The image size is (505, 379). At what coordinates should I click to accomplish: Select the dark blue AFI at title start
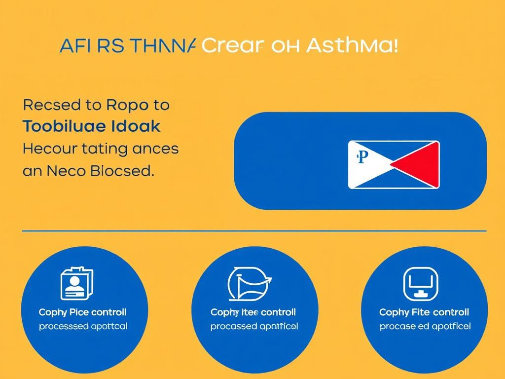[74, 46]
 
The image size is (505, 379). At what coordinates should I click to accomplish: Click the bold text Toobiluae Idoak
[91, 126]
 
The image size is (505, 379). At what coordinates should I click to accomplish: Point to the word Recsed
[51, 105]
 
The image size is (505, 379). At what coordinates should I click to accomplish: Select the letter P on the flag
[362, 157]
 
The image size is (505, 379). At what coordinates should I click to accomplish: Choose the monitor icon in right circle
[420, 284]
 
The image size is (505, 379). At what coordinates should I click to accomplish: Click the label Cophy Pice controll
[82, 312]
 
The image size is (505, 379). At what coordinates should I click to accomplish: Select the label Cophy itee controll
[253, 312]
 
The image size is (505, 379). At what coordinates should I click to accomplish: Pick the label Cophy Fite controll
[424, 312]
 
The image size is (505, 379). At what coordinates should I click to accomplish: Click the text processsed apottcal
[83, 326]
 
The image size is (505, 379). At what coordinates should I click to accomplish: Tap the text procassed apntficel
[253, 326]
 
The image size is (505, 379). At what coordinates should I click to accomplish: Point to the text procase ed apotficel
[425, 326]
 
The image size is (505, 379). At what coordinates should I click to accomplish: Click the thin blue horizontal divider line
[254, 230]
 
